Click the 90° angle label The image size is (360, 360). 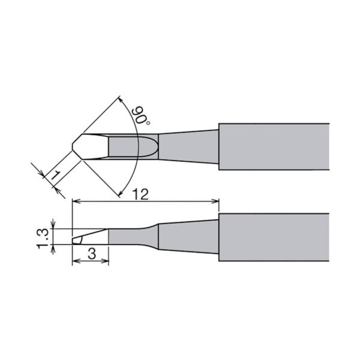pyautogui.click(x=140, y=115)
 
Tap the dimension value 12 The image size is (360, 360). pyautogui.click(x=141, y=194)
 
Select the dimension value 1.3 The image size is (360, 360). pyautogui.click(x=43, y=239)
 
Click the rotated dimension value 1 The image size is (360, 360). pyautogui.click(x=55, y=175)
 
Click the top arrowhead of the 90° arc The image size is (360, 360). pyautogui.click(x=122, y=100)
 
